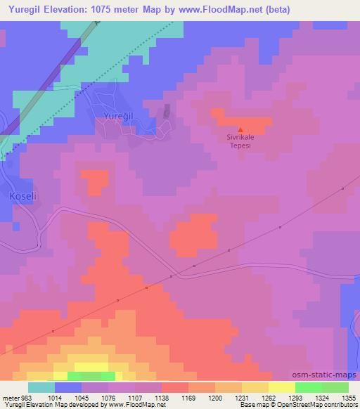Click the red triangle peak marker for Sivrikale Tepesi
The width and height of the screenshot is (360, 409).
[241, 129]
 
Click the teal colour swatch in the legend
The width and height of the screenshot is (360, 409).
[42, 387]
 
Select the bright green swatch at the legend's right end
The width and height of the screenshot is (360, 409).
[335, 387]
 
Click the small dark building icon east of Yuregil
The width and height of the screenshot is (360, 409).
[167, 112]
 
